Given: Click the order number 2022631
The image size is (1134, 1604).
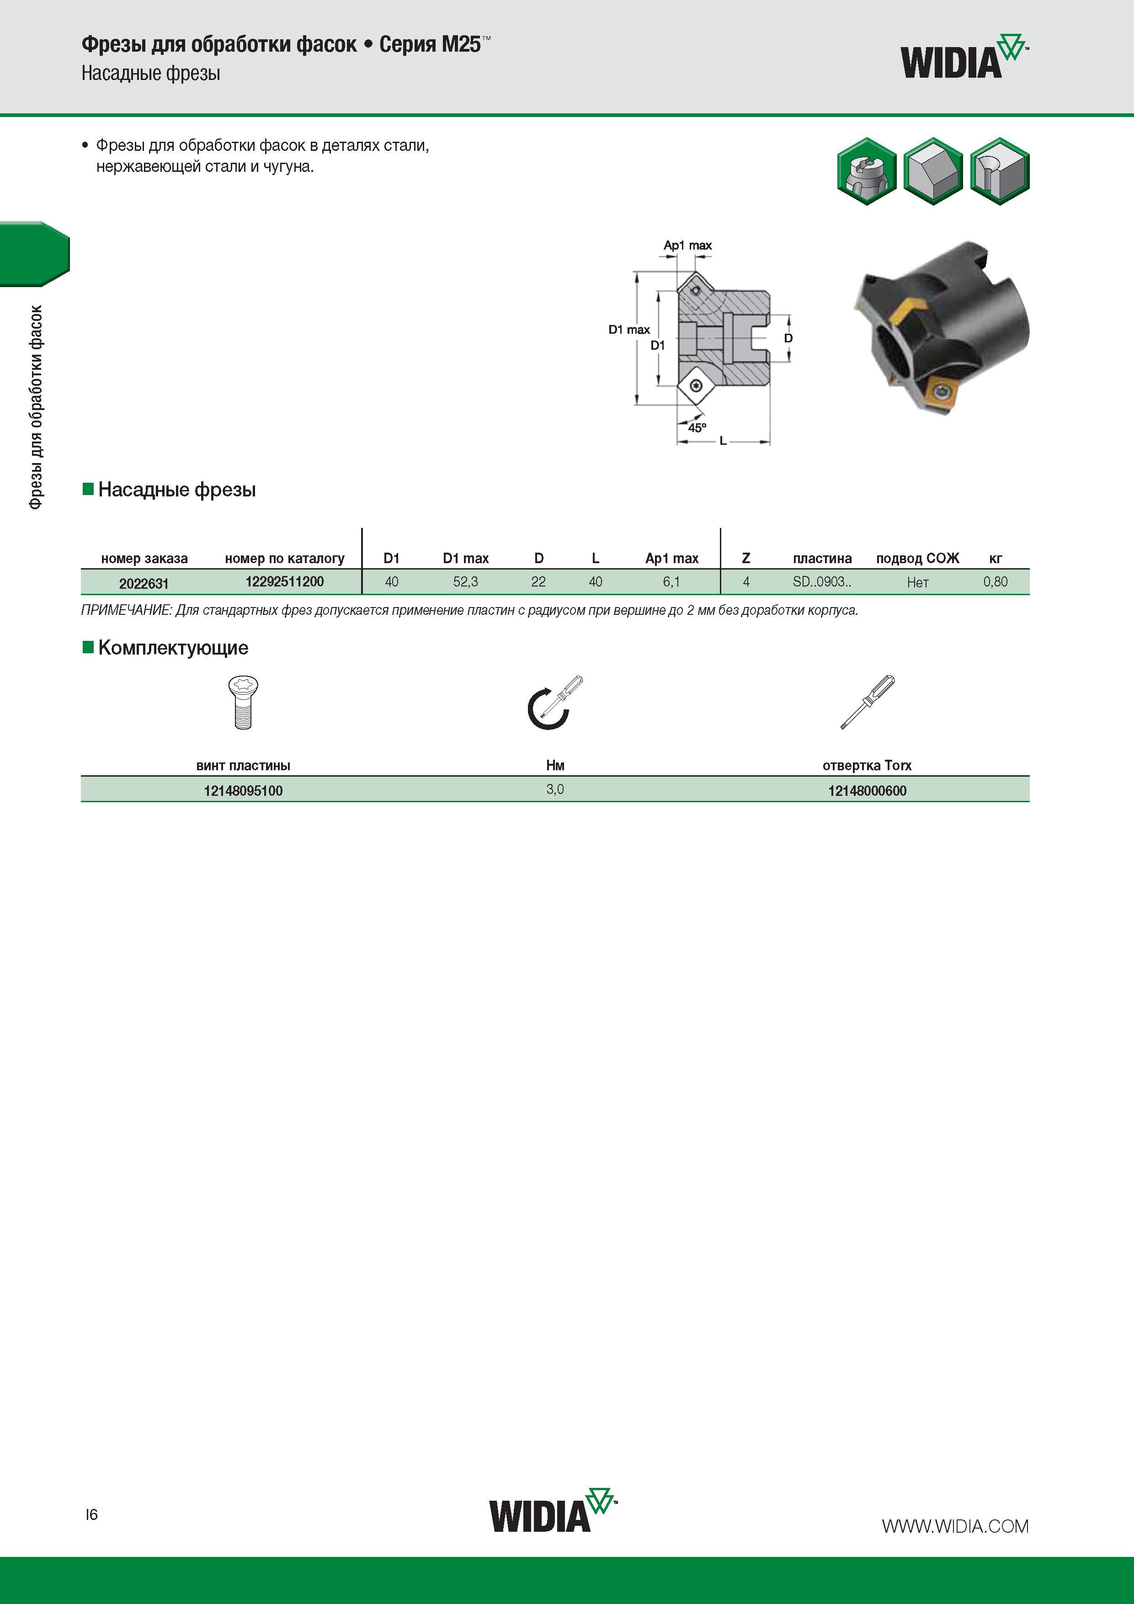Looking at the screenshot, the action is (144, 583).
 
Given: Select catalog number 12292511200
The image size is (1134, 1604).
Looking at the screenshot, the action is (284, 581).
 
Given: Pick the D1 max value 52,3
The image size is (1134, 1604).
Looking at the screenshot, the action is (465, 582).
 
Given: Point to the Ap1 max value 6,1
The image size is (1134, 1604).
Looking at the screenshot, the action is (671, 582).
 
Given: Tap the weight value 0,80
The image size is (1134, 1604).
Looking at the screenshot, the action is (996, 582).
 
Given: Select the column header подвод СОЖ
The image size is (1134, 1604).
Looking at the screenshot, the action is (917, 558).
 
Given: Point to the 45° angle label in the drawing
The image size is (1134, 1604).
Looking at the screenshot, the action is (697, 427).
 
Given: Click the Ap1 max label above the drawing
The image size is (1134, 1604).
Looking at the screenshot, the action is (687, 245).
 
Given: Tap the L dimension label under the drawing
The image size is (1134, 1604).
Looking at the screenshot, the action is (723, 441).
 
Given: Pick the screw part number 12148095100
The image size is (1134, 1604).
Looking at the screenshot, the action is (243, 791).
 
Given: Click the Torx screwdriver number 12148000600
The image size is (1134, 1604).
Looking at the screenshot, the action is (867, 791).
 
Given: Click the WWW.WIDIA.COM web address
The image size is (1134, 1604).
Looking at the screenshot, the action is (955, 1526).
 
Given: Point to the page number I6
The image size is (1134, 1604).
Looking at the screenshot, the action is (91, 1514).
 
